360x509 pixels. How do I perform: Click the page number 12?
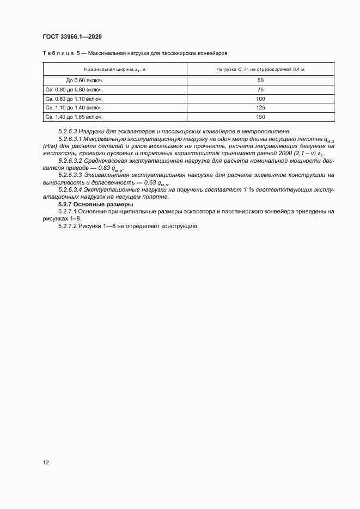[x=46, y=463]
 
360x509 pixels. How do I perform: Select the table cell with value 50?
[x=260, y=81]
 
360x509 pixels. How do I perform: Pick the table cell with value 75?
[x=260, y=90]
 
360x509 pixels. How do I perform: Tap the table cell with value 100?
[x=260, y=99]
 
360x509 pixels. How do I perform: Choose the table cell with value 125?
[x=260, y=108]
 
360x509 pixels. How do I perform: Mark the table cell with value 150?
[x=260, y=117]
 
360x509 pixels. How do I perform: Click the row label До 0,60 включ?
[x=84, y=81]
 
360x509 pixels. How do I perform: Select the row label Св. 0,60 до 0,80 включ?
[x=75, y=90]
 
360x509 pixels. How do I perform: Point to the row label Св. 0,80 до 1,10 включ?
[x=75, y=99]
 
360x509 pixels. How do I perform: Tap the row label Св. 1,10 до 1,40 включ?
[x=75, y=108]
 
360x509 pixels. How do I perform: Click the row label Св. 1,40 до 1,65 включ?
[x=75, y=117]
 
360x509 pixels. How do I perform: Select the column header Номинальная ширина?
[x=114, y=69]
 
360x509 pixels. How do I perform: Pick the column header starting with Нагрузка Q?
[x=260, y=69]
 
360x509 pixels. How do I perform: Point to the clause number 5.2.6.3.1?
[x=70, y=139]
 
